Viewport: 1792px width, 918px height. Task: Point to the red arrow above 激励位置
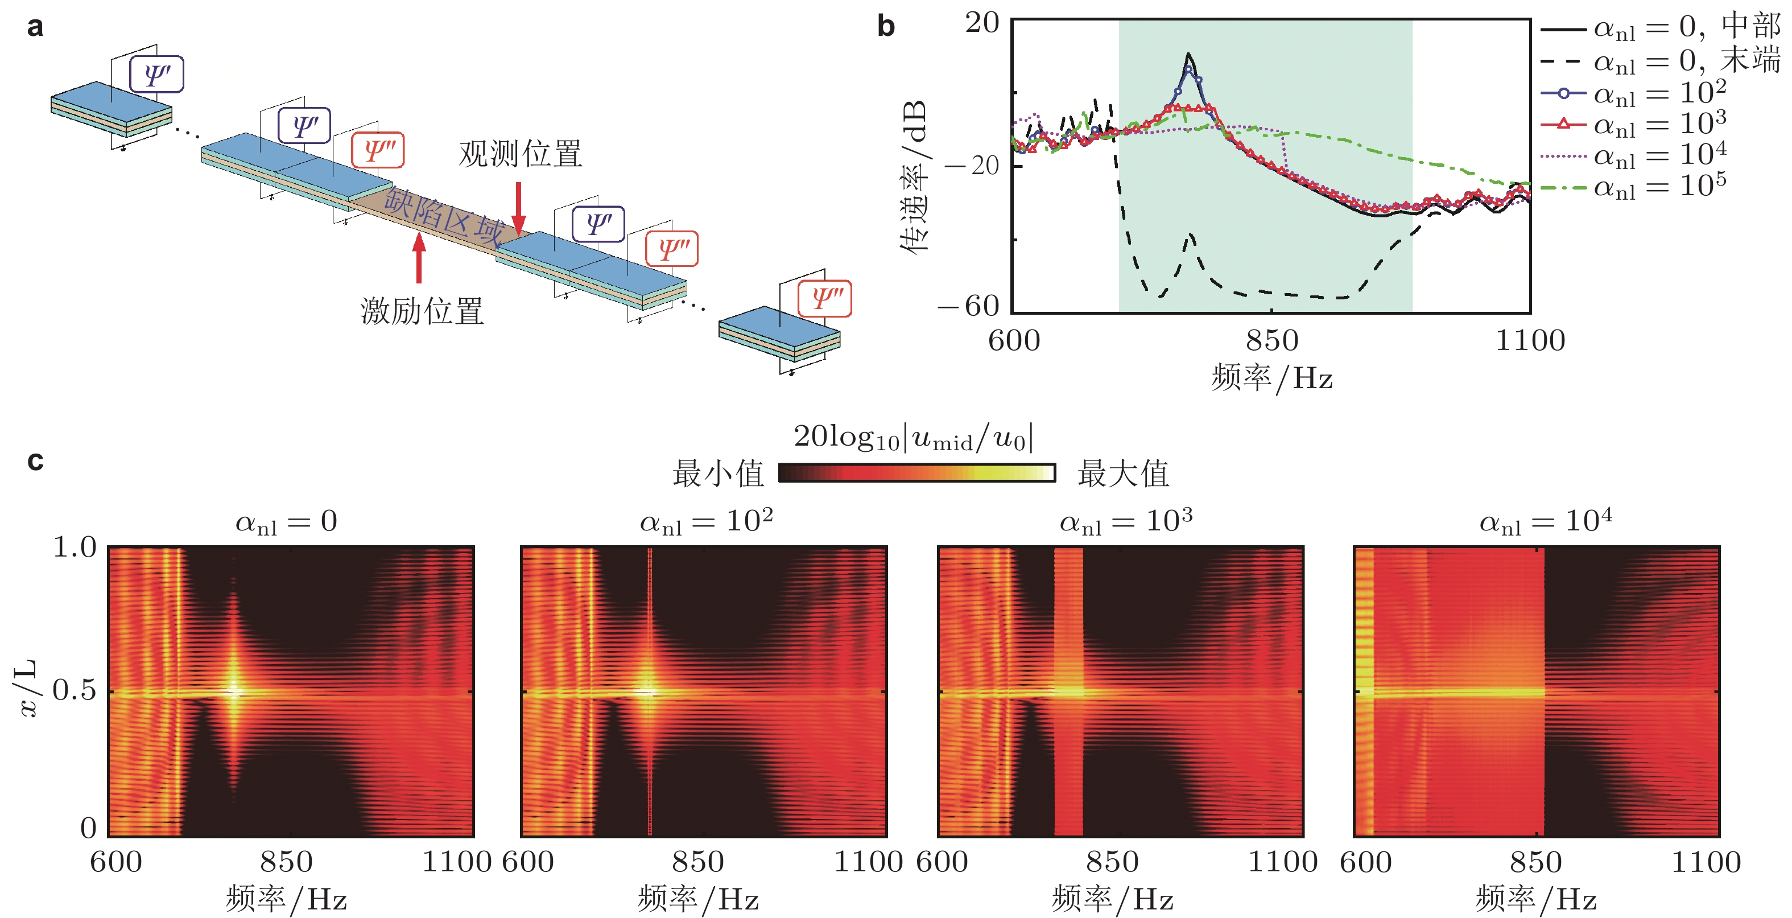(x=419, y=257)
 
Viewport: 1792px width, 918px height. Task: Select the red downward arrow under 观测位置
(x=519, y=207)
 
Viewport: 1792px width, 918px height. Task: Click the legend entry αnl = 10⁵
(x=1658, y=186)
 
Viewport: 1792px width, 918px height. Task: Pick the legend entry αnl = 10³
(x=1658, y=124)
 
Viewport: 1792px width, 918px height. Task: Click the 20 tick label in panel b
(x=981, y=23)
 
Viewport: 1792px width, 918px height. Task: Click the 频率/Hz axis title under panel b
(x=1271, y=378)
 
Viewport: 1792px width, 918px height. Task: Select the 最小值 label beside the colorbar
(x=718, y=474)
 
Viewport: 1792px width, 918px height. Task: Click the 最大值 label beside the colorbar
(x=1123, y=474)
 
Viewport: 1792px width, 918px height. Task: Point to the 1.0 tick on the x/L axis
(x=75, y=547)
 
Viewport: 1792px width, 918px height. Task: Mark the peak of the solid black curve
(x=1188, y=54)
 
